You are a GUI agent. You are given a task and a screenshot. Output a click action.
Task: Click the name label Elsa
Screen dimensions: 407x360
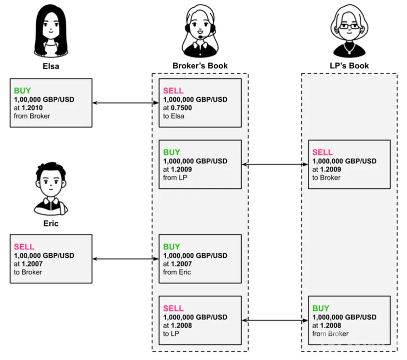pos(51,66)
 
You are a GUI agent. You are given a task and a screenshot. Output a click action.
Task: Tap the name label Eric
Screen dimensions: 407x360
pos(51,223)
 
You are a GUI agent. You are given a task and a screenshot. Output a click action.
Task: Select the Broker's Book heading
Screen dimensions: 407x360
pos(200,66)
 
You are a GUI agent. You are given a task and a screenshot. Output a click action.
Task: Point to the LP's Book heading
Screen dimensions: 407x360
pos(349,66)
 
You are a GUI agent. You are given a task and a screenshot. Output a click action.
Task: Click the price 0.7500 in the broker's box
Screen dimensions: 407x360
pos(181,108)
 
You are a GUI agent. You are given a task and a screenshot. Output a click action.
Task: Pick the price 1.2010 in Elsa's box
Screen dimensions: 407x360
pos(32,108)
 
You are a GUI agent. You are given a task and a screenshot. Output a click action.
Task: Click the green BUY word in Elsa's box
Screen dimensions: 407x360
pos(22,91)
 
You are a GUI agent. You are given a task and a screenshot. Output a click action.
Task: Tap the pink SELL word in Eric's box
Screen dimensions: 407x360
pos(24,247)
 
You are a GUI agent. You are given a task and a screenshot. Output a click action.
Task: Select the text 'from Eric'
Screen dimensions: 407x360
pos(177,272)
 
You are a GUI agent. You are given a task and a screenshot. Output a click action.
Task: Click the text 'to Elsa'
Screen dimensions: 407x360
pos(174,116)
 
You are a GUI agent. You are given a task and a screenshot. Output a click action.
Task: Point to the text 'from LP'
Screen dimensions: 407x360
pos(175,178)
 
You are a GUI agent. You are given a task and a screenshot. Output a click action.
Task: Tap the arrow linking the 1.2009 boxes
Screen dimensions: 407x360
pos(275,165)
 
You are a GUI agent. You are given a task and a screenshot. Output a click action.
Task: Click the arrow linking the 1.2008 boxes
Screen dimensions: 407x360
pos(275,320)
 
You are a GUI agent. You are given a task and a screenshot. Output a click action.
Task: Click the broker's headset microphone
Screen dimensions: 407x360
pos(201,37)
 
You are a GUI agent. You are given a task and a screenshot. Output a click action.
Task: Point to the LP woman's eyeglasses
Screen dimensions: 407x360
pos(349,26)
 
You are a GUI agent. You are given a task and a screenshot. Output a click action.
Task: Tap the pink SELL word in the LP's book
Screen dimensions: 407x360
pos(323,152)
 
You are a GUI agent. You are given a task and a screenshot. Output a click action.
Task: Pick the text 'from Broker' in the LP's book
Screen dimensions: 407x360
pos(330,334)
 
